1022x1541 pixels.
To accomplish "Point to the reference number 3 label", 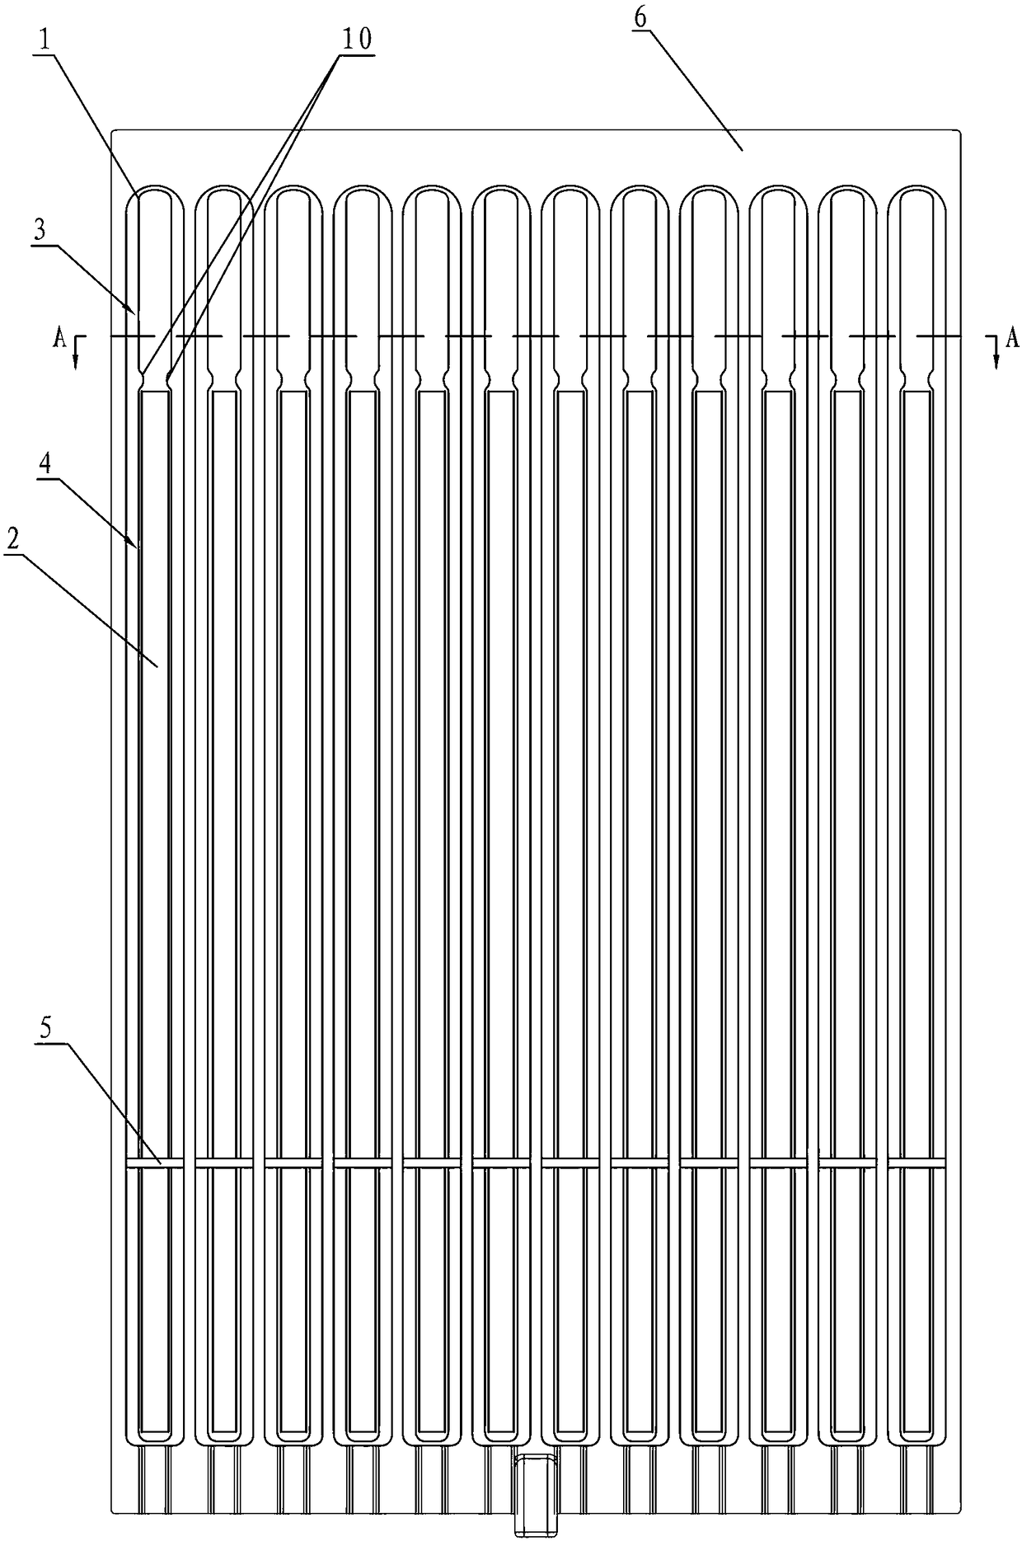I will [40, 230].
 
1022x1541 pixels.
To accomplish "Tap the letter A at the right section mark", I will [1013, 337].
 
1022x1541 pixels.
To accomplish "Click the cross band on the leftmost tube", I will [154, 1163].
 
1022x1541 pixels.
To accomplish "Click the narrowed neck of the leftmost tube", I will [154, 380].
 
